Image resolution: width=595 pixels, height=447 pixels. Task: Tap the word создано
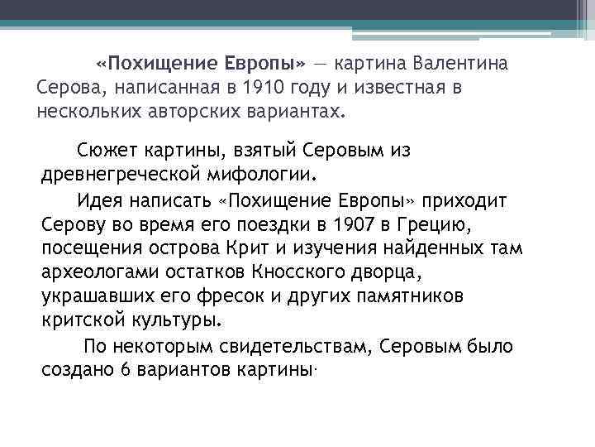point(78,369)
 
